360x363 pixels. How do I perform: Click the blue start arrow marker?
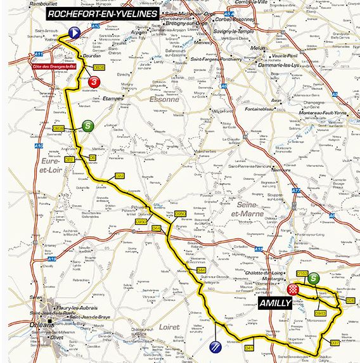(75, 33)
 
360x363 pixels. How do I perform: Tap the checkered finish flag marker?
(293, 289)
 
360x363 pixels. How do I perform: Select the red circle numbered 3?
(94, 82)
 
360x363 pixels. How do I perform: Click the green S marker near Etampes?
(87, 126)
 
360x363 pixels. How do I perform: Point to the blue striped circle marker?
(214, 347)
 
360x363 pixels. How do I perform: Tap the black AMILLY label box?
(275, 303)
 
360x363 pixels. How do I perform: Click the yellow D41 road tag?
(248, 347)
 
